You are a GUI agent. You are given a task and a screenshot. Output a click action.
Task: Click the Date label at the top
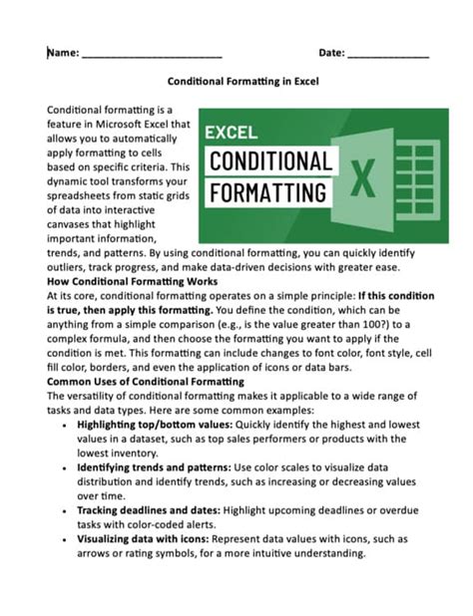pos(331,52)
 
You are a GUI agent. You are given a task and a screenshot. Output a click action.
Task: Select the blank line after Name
pos(152,55)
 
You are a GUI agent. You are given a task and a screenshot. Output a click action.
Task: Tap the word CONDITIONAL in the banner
pos(269,161)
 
